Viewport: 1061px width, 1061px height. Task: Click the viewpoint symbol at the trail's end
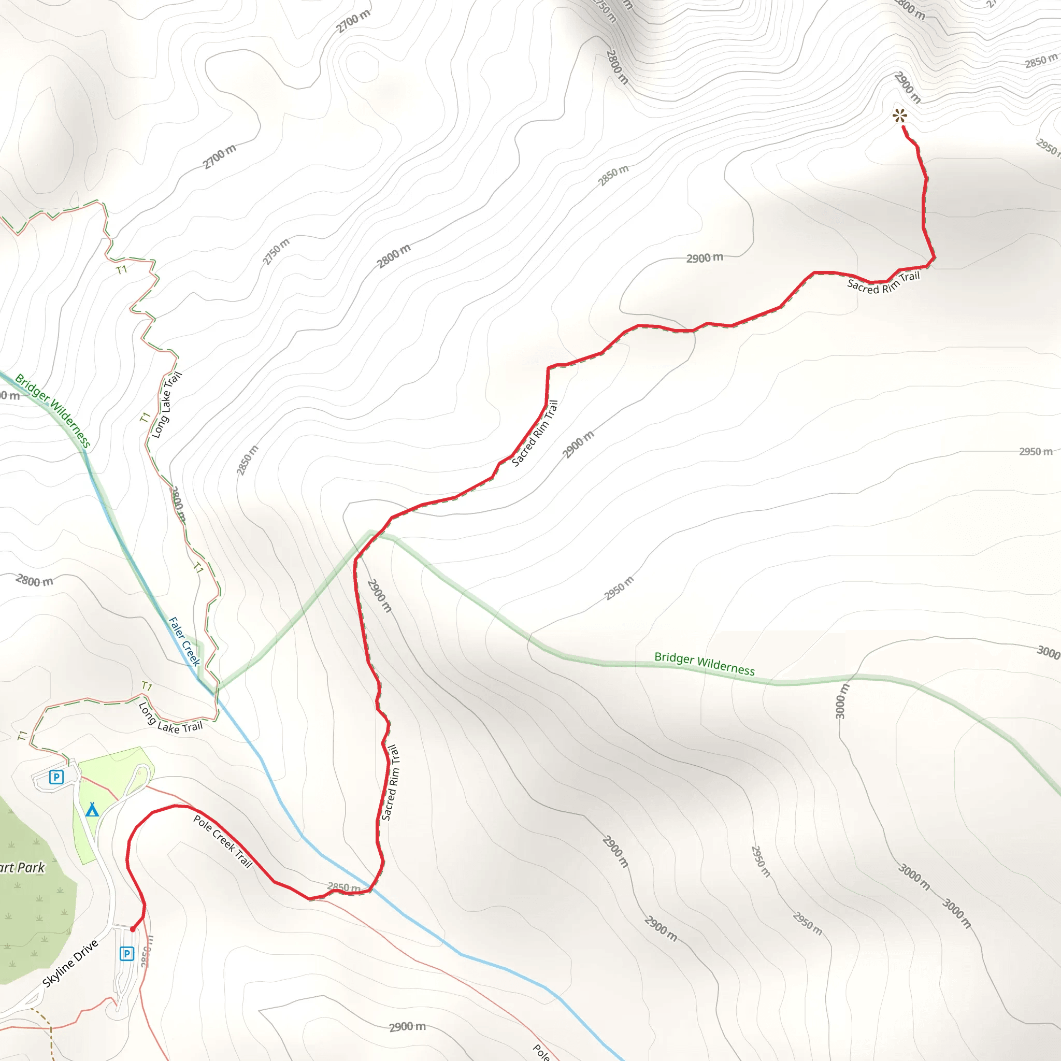point(899,116)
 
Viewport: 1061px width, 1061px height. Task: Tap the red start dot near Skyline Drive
point(132,929)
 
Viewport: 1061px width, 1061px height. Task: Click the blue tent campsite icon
point(92,810)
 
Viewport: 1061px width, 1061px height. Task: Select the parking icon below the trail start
point(127,953)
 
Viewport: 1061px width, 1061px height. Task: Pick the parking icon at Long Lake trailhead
point(56,777)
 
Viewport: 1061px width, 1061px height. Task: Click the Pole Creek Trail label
point(223,841)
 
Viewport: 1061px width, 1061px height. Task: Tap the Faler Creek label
point(184,641)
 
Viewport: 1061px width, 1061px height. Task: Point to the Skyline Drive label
point(70,963)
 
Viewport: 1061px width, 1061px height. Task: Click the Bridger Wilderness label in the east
point(705,664)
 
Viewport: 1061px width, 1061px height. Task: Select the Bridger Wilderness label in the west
point(52,411)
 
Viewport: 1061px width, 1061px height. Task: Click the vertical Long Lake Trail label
point(166,405)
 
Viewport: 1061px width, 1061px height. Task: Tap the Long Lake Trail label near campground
point(170,720)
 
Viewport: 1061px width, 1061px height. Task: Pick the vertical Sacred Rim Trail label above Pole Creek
point(391,783)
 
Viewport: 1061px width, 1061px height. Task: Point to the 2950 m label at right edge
point(1036,451)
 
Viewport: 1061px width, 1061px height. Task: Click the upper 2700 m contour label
point(354,21)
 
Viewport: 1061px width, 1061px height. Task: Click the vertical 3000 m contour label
point(841,701)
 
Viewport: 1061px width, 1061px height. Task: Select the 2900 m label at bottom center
point(407,1027)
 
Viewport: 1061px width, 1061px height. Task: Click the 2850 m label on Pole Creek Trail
point(344,887)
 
